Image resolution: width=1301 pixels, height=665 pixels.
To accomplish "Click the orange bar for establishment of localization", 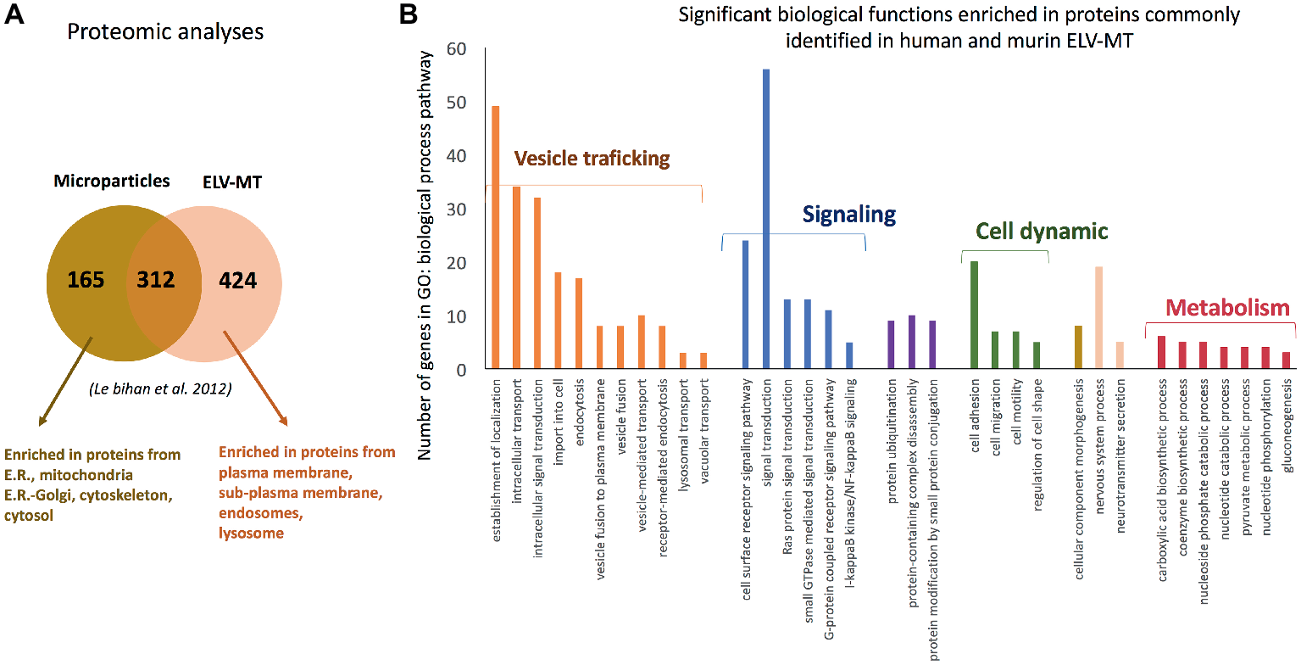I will click(496, 237).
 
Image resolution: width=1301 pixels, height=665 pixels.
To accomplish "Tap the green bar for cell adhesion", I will click(974, 315).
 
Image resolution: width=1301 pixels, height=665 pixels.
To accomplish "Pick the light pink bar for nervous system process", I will click(1098, 317).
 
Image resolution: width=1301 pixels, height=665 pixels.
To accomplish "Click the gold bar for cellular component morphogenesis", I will click(1078, 347).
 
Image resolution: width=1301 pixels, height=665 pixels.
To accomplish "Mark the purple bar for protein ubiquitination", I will click(891, 344).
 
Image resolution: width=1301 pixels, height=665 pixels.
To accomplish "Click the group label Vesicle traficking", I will click(592, 159).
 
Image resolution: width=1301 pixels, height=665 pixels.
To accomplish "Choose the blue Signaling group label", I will click(848, 215).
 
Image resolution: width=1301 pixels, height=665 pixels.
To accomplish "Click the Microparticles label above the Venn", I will click(112, 182).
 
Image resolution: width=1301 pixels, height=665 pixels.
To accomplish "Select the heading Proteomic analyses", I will click(165, 32).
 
